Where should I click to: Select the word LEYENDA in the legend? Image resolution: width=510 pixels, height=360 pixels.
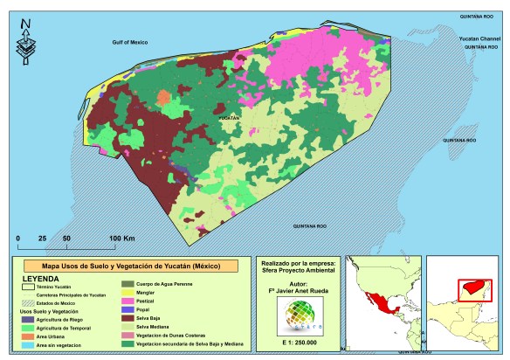tap(42, 280)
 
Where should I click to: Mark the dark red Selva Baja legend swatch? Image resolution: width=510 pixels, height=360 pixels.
tap(127, 317)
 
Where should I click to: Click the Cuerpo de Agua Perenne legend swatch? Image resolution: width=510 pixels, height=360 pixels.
tap(127, 284)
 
